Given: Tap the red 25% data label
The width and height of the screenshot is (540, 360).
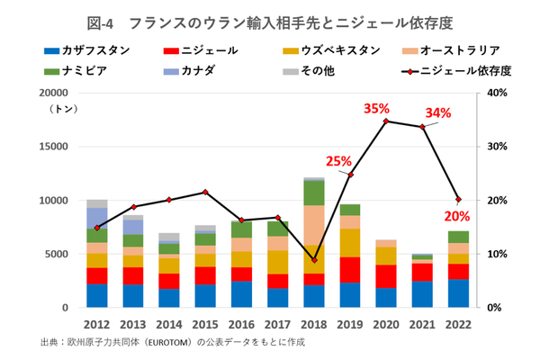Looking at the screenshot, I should [x=338, y=161].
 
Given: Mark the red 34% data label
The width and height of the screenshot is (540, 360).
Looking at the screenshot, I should [x=437, y=112].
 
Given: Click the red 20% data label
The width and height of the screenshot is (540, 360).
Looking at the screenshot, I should [x=457, y=216].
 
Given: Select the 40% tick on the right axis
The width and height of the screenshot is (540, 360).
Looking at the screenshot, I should [x=497, y=93].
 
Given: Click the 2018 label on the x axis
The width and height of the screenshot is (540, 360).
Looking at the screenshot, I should [x=313, y=321].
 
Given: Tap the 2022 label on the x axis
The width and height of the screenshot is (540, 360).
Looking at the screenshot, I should [x=458, y=321].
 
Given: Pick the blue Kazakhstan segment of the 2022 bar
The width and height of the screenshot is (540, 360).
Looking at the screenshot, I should [x=458, y=293].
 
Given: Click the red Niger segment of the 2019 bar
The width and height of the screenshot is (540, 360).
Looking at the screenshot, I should [x=349, y=270].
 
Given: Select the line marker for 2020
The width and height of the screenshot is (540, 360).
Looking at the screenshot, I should [x=386, y=121].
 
